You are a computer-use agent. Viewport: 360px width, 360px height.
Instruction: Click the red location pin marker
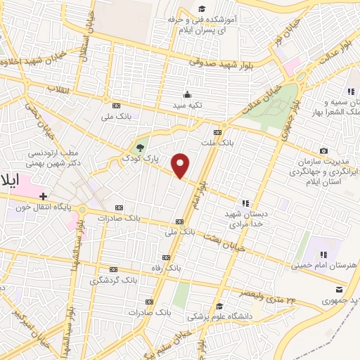(181, 166)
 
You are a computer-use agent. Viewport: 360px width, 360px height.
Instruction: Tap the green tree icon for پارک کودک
(139, 148)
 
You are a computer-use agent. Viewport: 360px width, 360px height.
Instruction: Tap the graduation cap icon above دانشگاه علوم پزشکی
(220, 306)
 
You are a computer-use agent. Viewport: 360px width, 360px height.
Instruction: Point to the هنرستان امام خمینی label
(324, 265)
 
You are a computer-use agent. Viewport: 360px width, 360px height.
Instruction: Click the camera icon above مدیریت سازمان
(323, 150)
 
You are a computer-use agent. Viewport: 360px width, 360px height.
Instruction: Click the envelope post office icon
(340, 290)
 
